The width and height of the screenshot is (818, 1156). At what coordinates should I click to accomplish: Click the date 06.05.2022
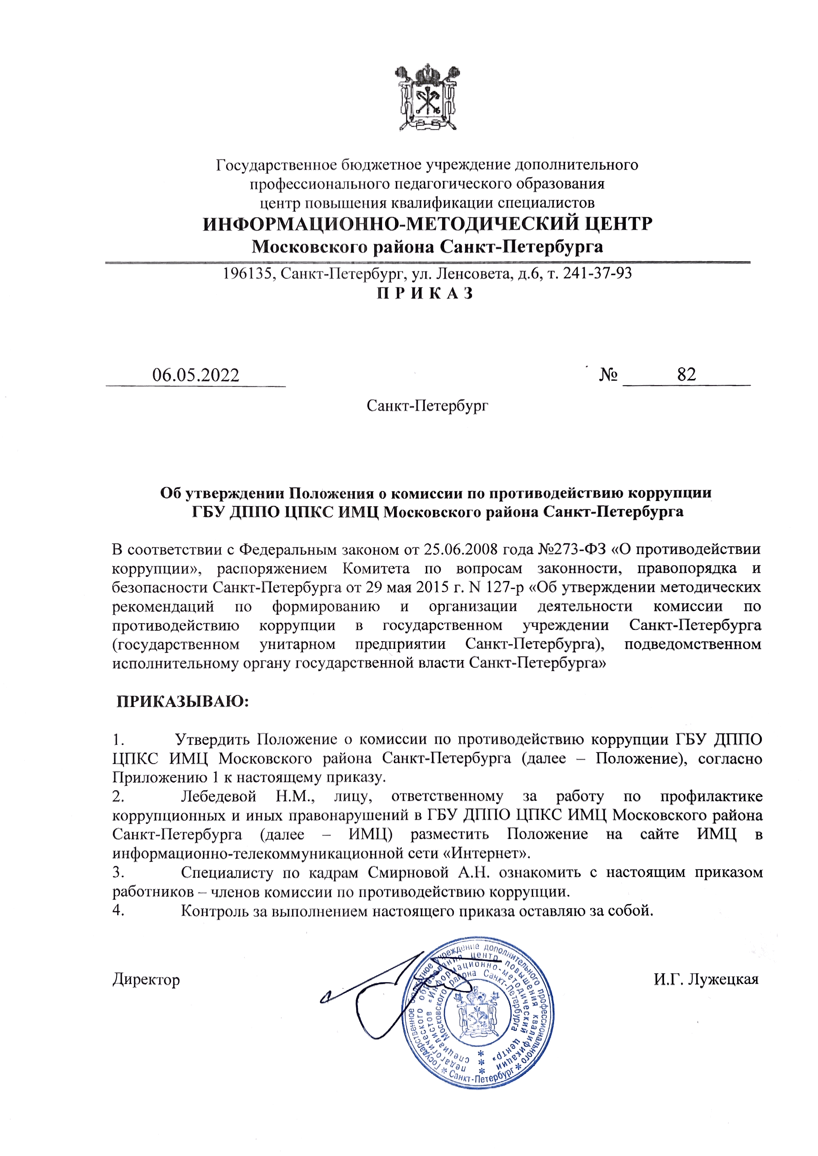[196, 375]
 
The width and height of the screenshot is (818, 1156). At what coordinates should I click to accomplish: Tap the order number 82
[686, 374]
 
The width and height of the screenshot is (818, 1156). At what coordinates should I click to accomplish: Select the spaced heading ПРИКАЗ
[425, 293]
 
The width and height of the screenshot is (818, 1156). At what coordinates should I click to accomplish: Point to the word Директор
[146, 979]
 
